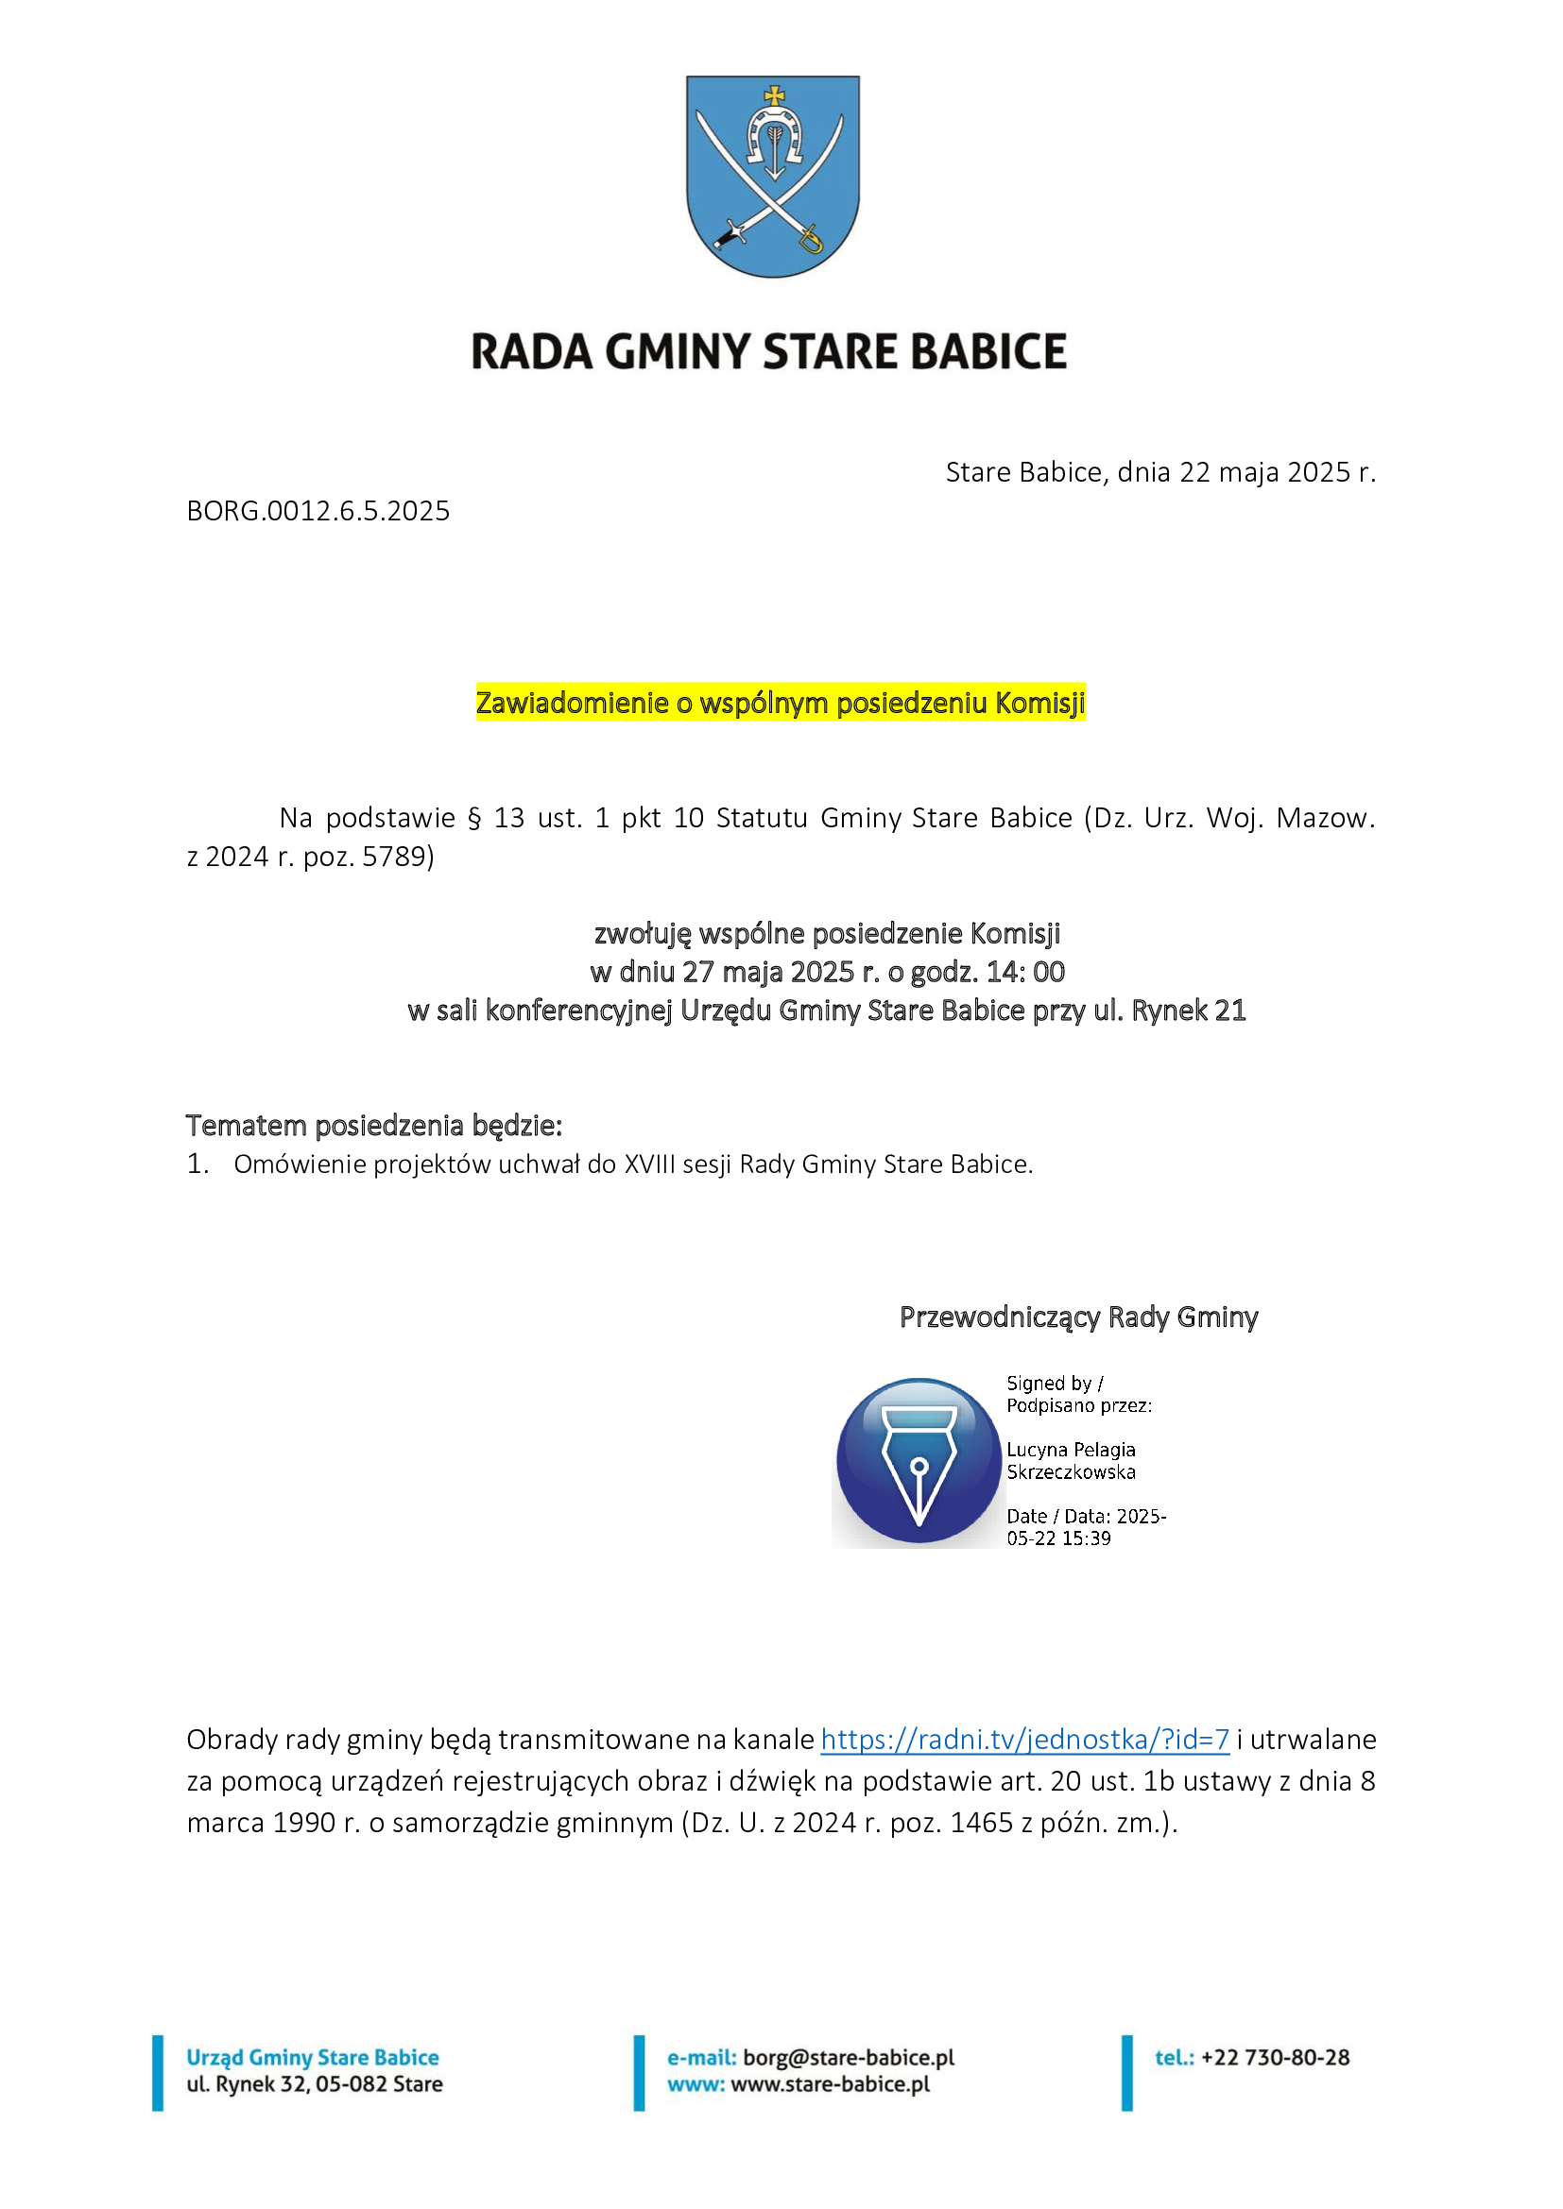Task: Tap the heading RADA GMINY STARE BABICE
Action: pos(768,352)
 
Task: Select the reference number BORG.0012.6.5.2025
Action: pos(318,511)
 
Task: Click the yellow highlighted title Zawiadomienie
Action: pos(780,704)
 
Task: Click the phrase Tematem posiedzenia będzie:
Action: pos(373,1125)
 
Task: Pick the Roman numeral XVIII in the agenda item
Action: pos(649,1164)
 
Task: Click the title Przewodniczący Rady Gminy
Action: pos(1078,1317)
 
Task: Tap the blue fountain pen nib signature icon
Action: pos(919,1460)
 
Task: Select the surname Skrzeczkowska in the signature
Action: pos(1071,1472)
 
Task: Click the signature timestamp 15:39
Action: pos(1087,1538)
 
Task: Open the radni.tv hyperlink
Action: pos(1024,1740)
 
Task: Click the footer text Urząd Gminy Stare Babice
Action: pos(312,2057)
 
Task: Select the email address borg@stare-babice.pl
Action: pos(848,2057)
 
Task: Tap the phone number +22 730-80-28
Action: pos(1274,2057)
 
